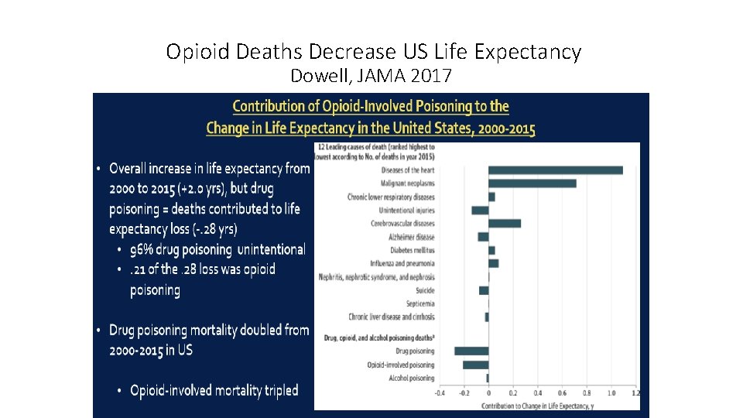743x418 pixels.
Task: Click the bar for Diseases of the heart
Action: (x=555, y=170)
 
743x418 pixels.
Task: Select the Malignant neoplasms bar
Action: (x=532, y=183)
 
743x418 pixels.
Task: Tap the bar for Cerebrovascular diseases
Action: (x=504, y=224)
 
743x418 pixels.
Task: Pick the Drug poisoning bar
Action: (x=471, y=351)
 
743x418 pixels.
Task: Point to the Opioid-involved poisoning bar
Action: (x=475, y=365)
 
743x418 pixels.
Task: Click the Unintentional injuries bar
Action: (x=480, y=211)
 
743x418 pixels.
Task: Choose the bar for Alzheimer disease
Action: (x=483, y=237)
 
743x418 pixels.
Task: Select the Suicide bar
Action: (x=484, y=290)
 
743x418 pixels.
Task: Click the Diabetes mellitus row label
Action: (x=412, y=250)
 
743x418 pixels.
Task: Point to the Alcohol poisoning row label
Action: (x=411, y=379)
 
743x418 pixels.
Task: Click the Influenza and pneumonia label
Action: (x=403, y=263)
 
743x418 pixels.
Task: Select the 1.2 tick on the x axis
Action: (x=635, y=393)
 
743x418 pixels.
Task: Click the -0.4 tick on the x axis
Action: (x=440, y=393)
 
